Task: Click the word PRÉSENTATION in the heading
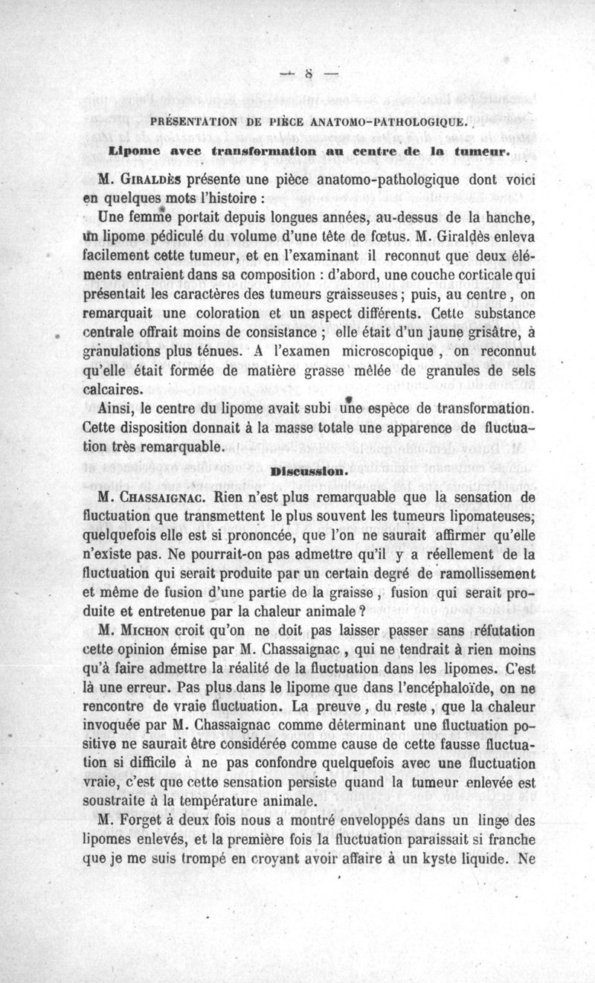[193, 121]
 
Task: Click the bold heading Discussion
[299, 471]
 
